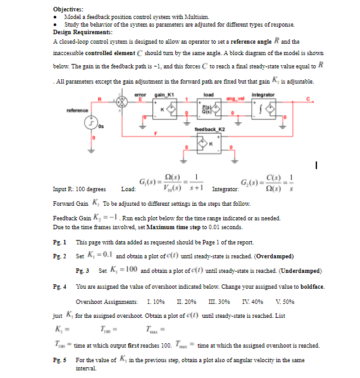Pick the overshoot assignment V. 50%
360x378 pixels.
[266, 301]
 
